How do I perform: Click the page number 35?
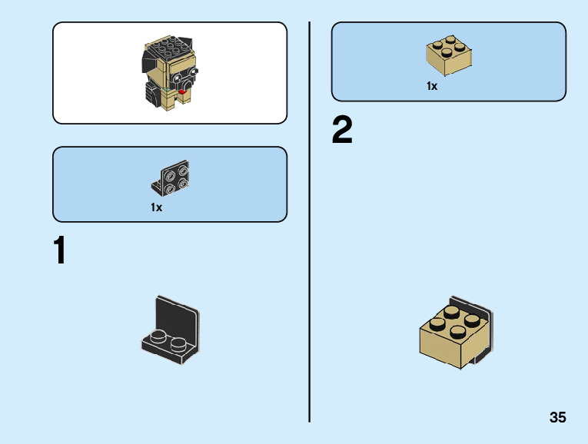[557, 418]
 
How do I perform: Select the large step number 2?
[342, 131]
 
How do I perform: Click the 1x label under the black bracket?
[157, 207]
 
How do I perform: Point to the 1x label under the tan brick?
[432, 87]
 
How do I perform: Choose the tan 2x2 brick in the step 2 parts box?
[449, 55]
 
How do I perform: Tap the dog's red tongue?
[182, 93]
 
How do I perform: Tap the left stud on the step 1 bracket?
[158, 336]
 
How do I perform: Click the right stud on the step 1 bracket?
[179, 343]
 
